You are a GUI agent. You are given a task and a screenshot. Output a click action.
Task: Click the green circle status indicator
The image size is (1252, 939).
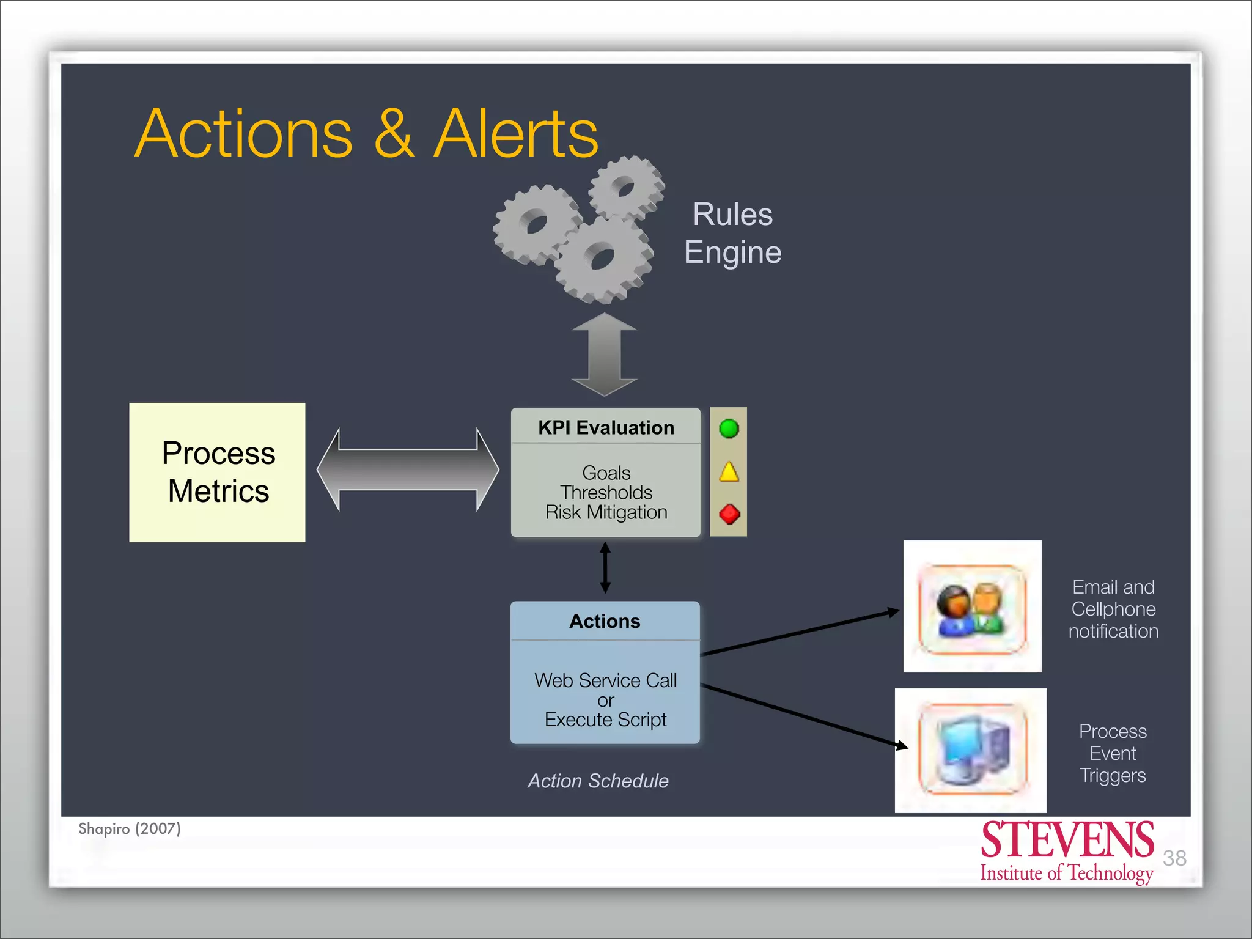(729, 429)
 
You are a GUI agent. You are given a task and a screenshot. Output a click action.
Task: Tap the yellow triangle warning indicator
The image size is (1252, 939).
(729, 473)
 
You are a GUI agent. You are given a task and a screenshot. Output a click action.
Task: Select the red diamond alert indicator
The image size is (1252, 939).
(729, 514)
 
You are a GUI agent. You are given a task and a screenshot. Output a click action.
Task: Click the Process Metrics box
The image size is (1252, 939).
(218, 472)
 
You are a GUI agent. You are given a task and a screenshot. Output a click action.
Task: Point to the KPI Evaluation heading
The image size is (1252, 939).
(606, 427)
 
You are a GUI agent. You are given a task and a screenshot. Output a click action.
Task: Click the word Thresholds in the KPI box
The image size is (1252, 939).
(606, 492)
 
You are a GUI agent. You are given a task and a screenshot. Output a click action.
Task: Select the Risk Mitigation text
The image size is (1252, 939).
(606, 512)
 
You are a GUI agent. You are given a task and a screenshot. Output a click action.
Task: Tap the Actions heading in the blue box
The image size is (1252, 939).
(605, 621)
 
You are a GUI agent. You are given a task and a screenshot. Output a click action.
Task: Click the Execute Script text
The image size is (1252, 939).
(605, 720)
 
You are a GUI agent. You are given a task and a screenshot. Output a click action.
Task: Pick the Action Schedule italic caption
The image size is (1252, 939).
(598, 781)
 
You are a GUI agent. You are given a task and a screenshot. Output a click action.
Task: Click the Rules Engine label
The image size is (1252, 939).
(732, 233)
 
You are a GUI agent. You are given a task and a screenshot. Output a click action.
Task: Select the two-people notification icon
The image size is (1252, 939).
(972, 609)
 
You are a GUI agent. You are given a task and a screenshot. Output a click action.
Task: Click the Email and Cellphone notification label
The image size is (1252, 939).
(1113, 609)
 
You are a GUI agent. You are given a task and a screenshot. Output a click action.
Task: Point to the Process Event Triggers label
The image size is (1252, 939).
(1113, 753)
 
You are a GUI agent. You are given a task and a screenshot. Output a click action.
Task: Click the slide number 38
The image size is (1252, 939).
(1174, 858)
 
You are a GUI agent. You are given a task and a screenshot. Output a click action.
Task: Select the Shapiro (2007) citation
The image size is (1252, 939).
(130, 828)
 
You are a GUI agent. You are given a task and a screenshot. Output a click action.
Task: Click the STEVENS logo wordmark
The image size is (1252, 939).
(1067, 841)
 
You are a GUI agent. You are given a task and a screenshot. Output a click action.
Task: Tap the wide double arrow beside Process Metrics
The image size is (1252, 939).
(408, 469)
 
